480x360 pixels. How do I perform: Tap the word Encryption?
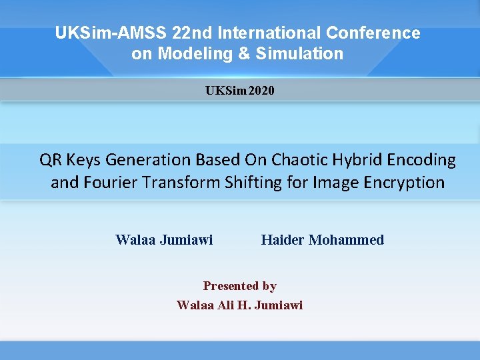pyautogui.click(x=406, y=183)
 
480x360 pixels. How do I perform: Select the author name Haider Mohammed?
pyautogui.click(x=323, y=240)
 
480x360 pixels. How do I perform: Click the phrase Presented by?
pyautogui.click(x=240, y=286)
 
